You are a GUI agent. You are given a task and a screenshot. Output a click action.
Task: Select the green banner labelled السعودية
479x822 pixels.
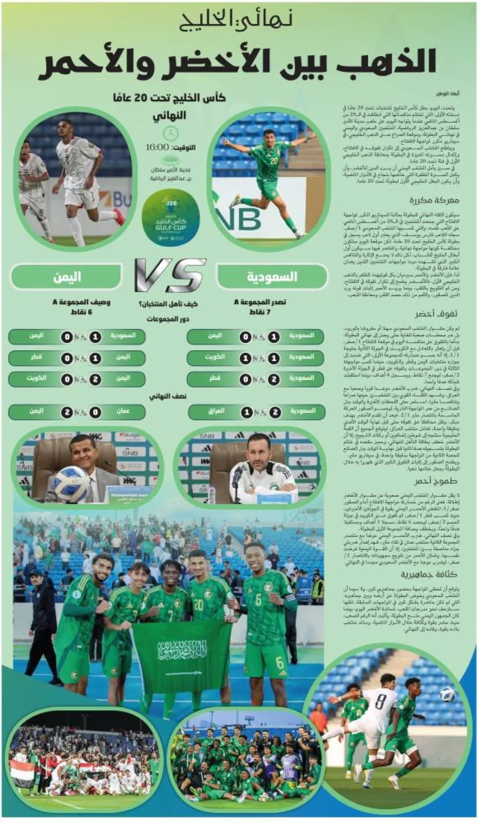click(272, 277)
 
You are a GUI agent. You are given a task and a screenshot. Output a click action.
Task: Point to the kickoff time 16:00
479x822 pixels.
click(157, 147)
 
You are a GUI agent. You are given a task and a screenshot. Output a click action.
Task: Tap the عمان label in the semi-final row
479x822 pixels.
click(123, 411)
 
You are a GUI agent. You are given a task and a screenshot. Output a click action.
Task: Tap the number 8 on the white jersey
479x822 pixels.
click(380, 701)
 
